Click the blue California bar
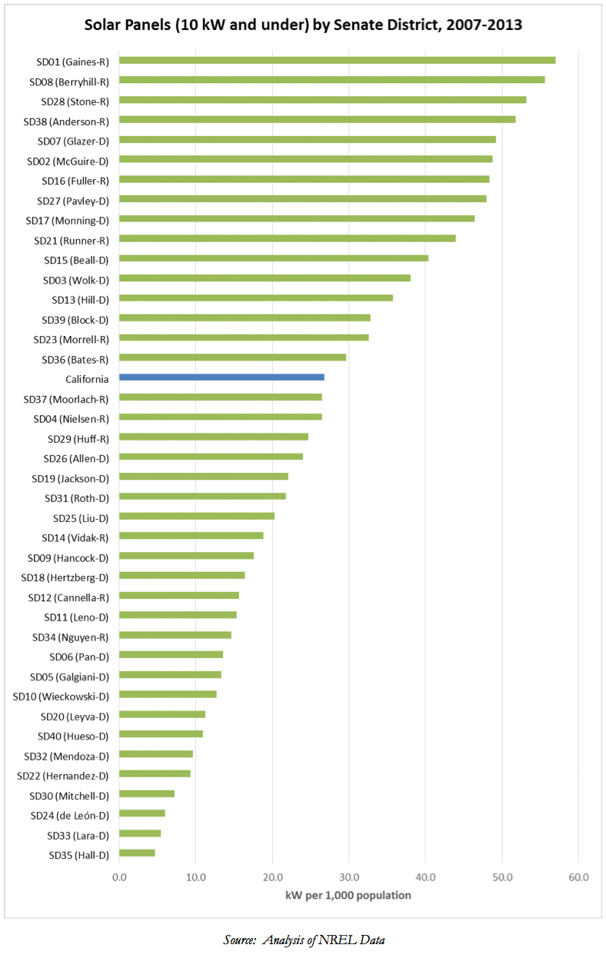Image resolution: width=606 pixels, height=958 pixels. [221, 378]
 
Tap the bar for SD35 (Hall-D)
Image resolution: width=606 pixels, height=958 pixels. [137, 853]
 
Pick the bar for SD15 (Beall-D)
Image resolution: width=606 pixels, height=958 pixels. [274, 258]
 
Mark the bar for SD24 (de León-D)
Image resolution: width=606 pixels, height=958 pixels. [142, 813]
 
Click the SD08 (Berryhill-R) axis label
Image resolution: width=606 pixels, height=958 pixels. [69, 81]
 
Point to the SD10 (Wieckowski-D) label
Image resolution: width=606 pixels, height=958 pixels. [61, 697]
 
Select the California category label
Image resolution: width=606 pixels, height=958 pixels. [87, 379]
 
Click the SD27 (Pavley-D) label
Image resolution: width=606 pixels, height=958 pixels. [73, 201]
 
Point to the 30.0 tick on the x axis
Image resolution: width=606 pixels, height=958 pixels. [348, 877]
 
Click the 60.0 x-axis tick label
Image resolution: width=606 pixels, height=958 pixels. [578, 877]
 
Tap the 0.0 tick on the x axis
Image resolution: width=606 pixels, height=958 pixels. [119, 877]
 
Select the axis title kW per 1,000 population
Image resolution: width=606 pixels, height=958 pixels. [348, 895]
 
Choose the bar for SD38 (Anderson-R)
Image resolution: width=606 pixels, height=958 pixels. [317, 120]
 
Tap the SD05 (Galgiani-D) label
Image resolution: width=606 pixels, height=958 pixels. [69, 677]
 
